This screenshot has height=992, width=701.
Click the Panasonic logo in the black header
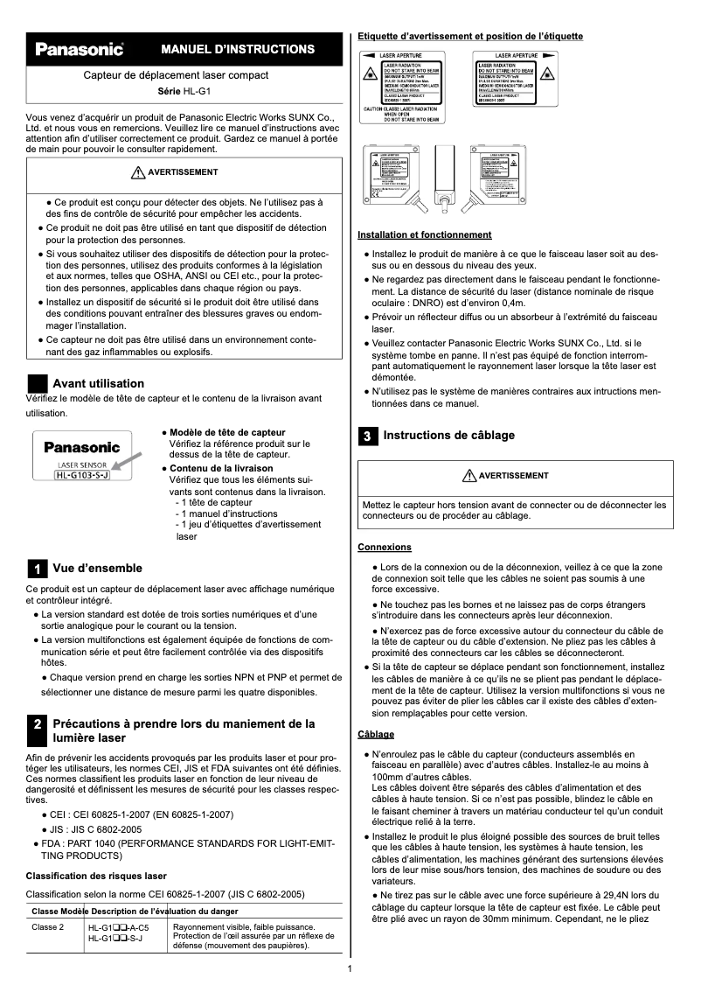click(x=79, y=49)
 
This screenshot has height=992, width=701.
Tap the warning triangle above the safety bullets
click(x=136, y=172)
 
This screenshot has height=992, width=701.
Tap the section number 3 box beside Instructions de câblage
click(x=368, y=435)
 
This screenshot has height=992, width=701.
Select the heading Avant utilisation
click(x=98, y=383)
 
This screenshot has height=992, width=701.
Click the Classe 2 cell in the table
click(x=48, y=927)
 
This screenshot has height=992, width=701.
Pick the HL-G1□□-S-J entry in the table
click(x=115, y=938)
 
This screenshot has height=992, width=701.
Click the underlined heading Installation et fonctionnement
click(x=424, y=234)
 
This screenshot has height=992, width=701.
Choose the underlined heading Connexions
click(x=385, y=547)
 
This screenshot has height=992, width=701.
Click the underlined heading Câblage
click(x=376, y=733)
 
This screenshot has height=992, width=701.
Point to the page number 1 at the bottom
click(x=350, y=968)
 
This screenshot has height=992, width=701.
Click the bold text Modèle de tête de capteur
click(x=227, y=433)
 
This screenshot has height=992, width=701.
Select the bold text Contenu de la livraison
click(x=221, y=468)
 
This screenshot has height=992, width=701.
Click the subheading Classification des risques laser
click(x=96, y=876)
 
